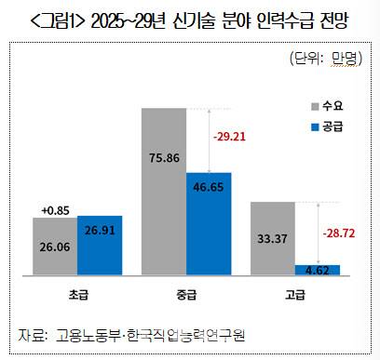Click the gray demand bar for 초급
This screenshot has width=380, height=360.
coord(55,247)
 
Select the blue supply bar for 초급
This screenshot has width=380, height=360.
coord(100,246)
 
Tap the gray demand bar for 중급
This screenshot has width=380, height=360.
coord(164,192)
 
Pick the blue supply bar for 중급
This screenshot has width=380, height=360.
coord(209,224)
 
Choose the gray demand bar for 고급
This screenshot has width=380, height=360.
coord(273,238)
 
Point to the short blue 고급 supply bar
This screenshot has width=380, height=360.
coord(318,270)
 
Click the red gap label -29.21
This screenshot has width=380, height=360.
coord(229,137)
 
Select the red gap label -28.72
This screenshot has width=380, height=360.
coord(339,233)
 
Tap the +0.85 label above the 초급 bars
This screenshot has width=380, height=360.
coord(55,210)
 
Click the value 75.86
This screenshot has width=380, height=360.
coord(164,158)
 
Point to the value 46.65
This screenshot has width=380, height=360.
coord(209,187)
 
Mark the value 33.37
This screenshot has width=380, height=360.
coord(272,239)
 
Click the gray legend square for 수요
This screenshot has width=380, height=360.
coord(315,106)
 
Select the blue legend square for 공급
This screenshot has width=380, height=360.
coord(315,127)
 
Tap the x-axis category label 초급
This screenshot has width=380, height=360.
coord(78,295)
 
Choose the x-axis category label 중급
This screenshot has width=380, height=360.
coord(186,295)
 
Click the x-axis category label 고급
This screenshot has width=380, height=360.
coord(295,295)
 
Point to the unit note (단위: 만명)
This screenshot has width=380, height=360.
coord(326,58)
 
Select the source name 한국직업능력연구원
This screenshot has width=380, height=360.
coord(186,335)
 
